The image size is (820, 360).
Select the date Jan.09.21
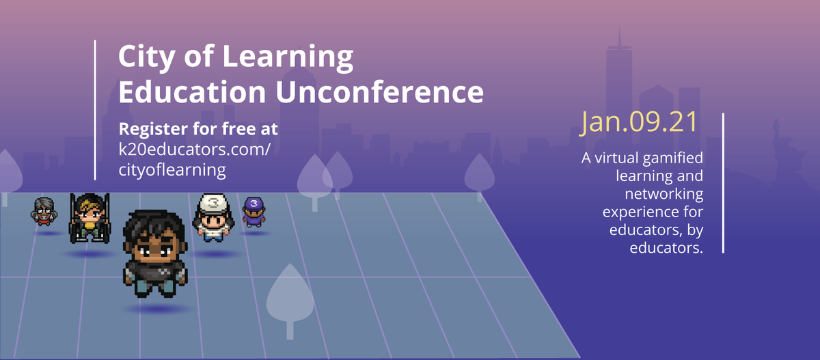640,122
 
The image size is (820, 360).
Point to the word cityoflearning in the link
172,169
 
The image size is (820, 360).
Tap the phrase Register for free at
198,128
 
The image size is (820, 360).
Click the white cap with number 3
213,203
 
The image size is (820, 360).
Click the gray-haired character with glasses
43,210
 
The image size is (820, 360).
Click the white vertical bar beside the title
95,109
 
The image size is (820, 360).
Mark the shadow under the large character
157,309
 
